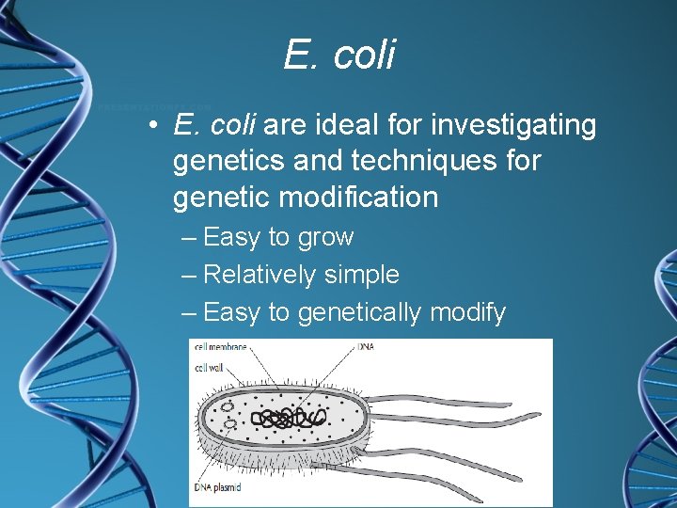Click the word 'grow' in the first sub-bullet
point(325,237)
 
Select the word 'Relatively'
point(260,275)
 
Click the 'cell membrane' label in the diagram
point(220,347)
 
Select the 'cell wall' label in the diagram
point(210,367)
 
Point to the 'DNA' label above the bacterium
point(367,347)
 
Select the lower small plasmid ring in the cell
point(229,425)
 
